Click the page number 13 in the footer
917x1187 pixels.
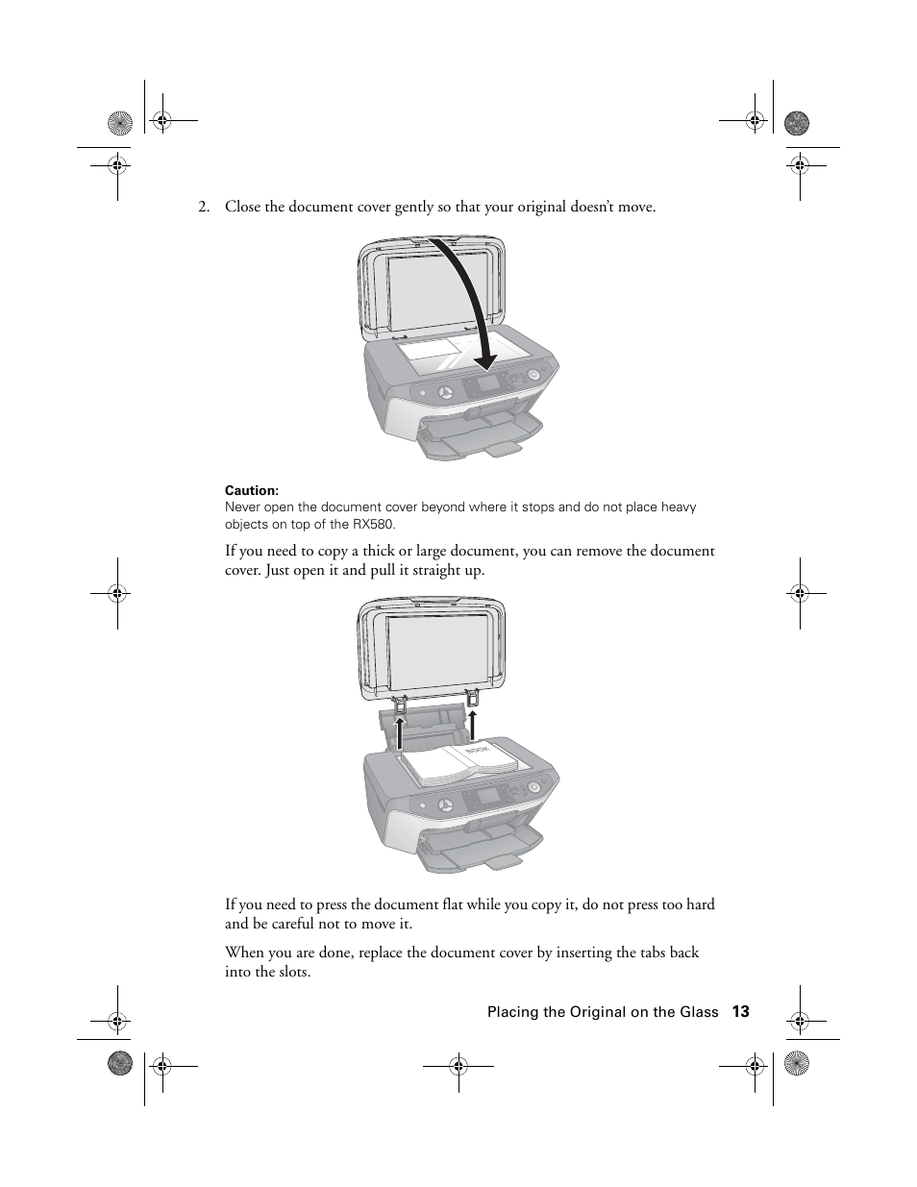click(739, 1011)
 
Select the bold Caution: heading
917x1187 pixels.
click(251, 490)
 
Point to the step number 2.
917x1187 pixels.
click(203, 207)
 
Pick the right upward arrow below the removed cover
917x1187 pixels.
click(473, 725)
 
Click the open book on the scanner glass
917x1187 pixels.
click(459, 761)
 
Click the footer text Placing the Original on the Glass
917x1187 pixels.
click(602, 1012)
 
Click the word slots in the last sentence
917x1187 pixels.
click(292, 972)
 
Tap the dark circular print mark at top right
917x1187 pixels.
click(797, 123)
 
